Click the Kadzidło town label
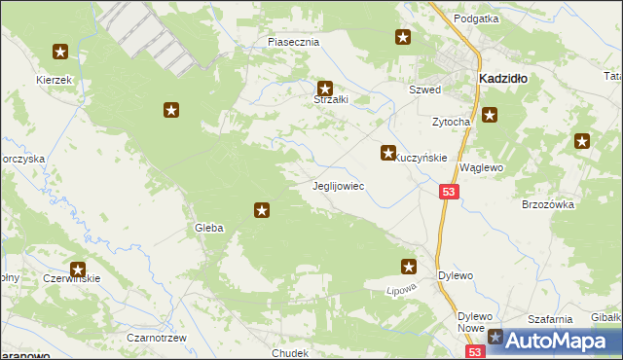point(502,78)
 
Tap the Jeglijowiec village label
point(338,185)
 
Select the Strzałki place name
point(330,99)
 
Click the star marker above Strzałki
point(326,88)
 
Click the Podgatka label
point(476,18)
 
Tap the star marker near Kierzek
point(60,52)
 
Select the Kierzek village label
point(54,79)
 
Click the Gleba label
point(209,228)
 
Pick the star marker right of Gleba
point(262,209)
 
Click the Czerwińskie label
point(71,278)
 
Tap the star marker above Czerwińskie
point(78,270)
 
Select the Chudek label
point(291,353)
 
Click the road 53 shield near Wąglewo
point(448,194)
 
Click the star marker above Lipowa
point(409,266)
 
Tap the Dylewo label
point(455,275)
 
